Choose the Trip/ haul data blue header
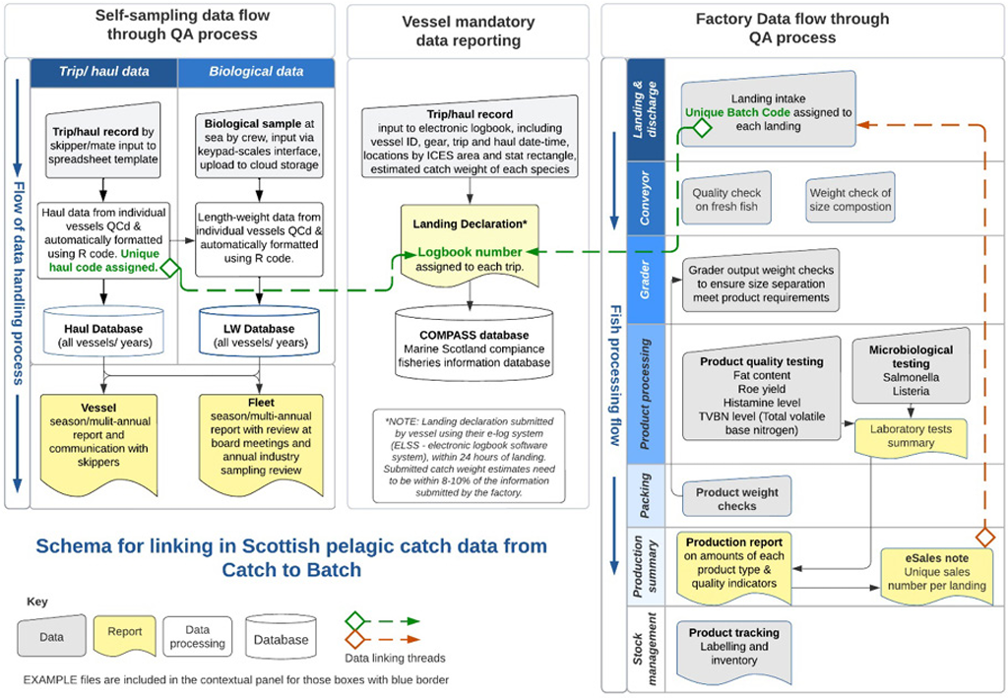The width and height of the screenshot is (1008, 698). tap(104, 72)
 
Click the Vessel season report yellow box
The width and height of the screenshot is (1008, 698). tap(103, 433)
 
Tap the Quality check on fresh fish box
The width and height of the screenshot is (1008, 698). tap(725, 200)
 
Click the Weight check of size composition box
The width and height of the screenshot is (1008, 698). tap(850, 200)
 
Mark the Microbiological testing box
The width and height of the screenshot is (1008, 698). tap(911, 370)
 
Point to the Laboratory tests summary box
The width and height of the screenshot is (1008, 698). tap(911, 436)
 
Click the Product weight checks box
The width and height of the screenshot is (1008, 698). tap(736, 498)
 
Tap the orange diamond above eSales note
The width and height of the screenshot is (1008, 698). tap(983, 537)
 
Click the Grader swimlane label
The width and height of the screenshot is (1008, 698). tap(647, 280)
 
